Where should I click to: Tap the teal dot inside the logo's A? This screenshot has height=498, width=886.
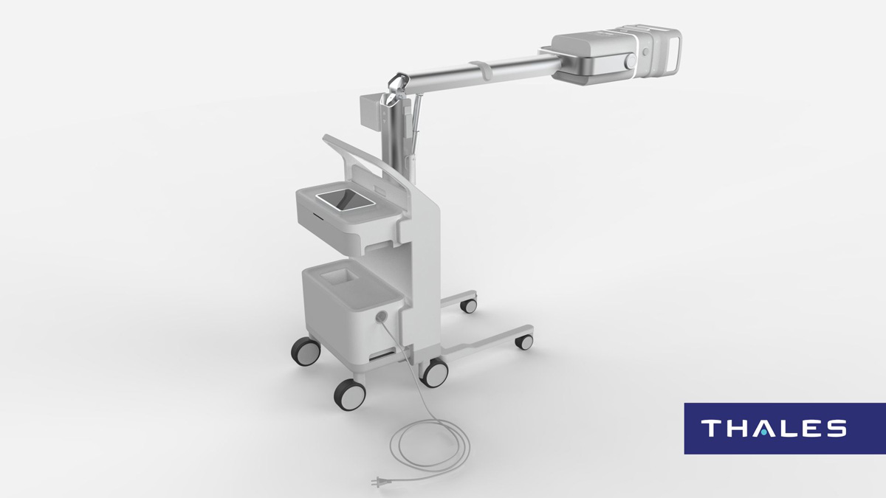[x=763, y=433]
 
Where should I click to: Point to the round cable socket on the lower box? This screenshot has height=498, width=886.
[x=381, y=316]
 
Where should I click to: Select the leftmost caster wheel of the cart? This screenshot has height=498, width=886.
[x=306, y=351]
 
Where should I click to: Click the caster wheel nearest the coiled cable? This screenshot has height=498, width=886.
[x=350, y=394]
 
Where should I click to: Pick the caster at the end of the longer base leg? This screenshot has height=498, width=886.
[x=524, y=342]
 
